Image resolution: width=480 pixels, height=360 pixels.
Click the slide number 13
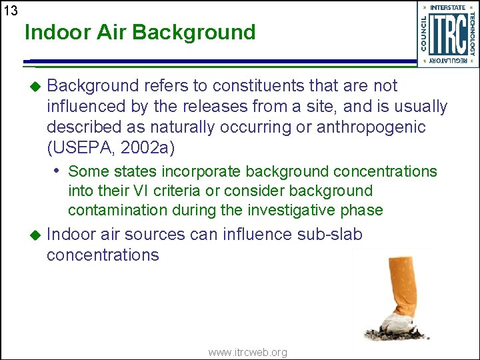tap(10, 11)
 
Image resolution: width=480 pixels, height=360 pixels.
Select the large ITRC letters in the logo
tap(447, 34)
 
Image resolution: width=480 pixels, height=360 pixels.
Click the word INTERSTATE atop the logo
tap(448, 7)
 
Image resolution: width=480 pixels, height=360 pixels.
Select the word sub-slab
tap(329, 234)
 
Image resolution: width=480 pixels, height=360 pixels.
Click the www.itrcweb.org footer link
tap(247, 352)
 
